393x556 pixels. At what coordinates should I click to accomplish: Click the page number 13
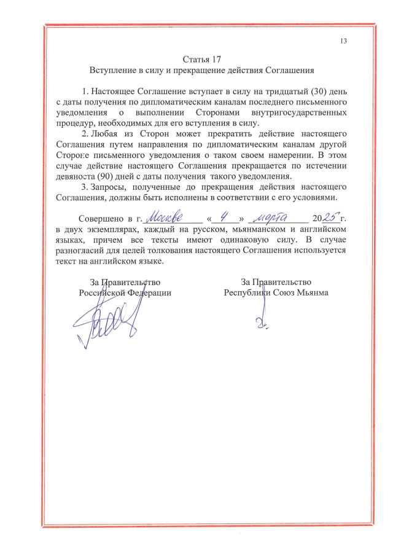tap(343, 41)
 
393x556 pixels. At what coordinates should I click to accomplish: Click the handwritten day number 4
tap(226, 217)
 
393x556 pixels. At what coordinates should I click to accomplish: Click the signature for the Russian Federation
tap(107, 323)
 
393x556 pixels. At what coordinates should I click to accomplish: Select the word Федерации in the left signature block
tap(150, 293)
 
